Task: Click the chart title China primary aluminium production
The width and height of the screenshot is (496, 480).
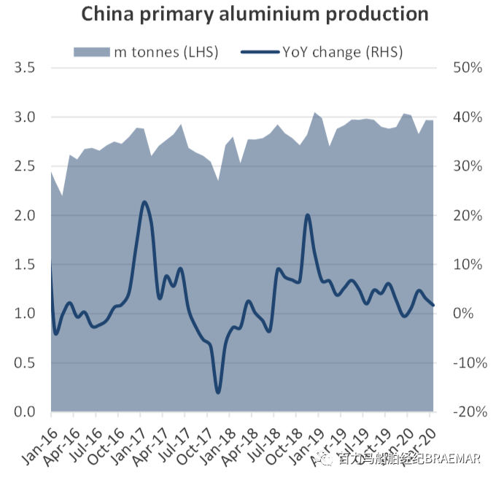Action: [255, 14]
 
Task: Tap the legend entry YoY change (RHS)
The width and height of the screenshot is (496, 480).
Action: [333, 51]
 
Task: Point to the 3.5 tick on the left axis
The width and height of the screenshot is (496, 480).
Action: [24, 68]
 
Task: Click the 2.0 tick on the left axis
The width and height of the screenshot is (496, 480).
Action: [24, 215]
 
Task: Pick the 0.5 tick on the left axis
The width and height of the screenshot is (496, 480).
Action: [24, 363]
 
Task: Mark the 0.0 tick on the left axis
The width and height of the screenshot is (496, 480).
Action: [24, 412]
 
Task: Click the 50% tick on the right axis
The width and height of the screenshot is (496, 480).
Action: [467, 68]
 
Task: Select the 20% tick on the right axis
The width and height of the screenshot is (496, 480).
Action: [467, 215]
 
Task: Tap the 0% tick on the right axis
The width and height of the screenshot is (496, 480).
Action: [470, 314]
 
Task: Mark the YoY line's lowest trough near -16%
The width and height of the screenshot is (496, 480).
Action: [217, 392]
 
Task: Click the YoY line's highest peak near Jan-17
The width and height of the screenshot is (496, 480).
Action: [144, 202]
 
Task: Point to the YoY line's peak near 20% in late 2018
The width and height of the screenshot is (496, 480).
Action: [307, 215]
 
